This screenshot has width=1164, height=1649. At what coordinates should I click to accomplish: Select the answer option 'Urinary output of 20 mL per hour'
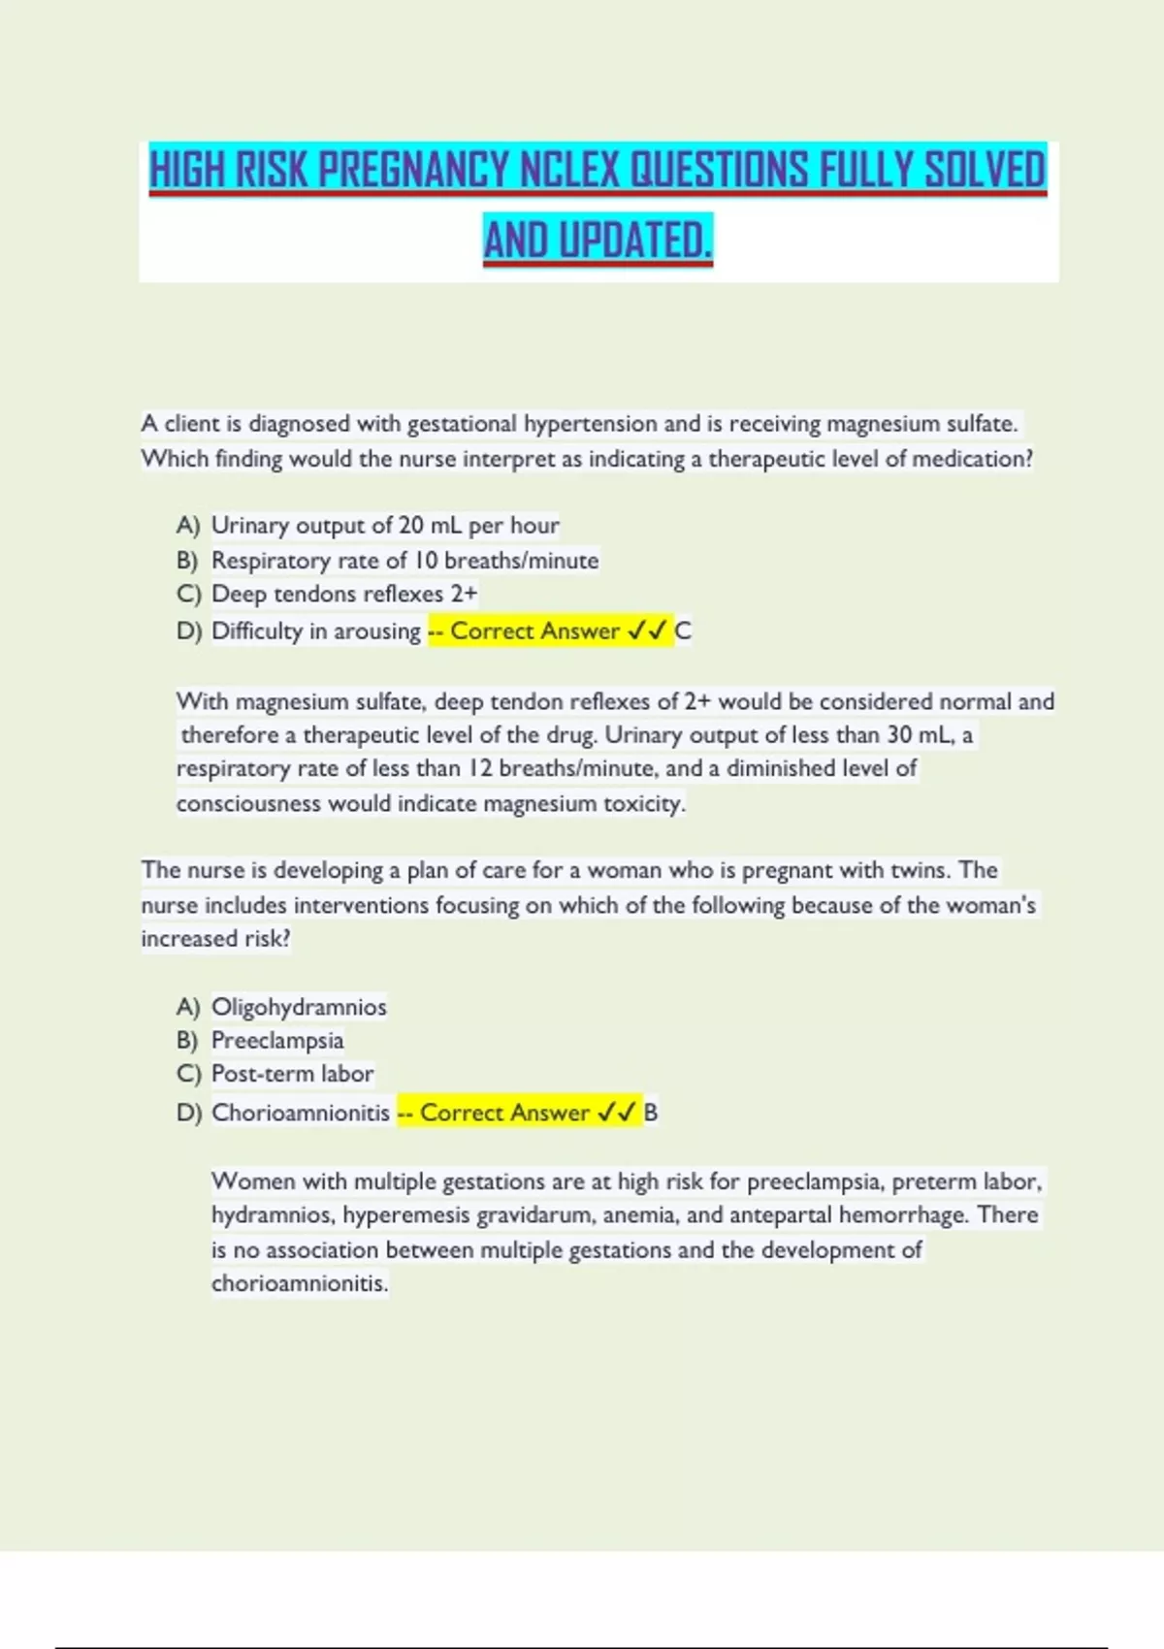click(385, 526)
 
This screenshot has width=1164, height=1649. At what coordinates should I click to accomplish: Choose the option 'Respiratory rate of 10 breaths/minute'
click(404, 561)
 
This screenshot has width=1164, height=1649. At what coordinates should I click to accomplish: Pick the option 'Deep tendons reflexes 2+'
click(344, 594)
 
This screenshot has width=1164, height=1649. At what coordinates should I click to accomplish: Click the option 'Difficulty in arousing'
click(316, 631)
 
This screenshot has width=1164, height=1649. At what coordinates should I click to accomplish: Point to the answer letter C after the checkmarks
click(683, 631)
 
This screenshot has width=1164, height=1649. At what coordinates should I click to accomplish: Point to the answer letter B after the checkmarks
click(651, 1113)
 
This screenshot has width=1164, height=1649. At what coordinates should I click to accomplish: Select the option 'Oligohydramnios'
click(299, 1007)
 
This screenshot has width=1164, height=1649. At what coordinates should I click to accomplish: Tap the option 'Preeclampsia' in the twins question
click(277, 1041)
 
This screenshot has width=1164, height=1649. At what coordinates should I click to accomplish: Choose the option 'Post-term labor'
click(292, 1074)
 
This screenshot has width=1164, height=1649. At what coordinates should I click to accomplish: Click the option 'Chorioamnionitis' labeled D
click(301, 1113)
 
